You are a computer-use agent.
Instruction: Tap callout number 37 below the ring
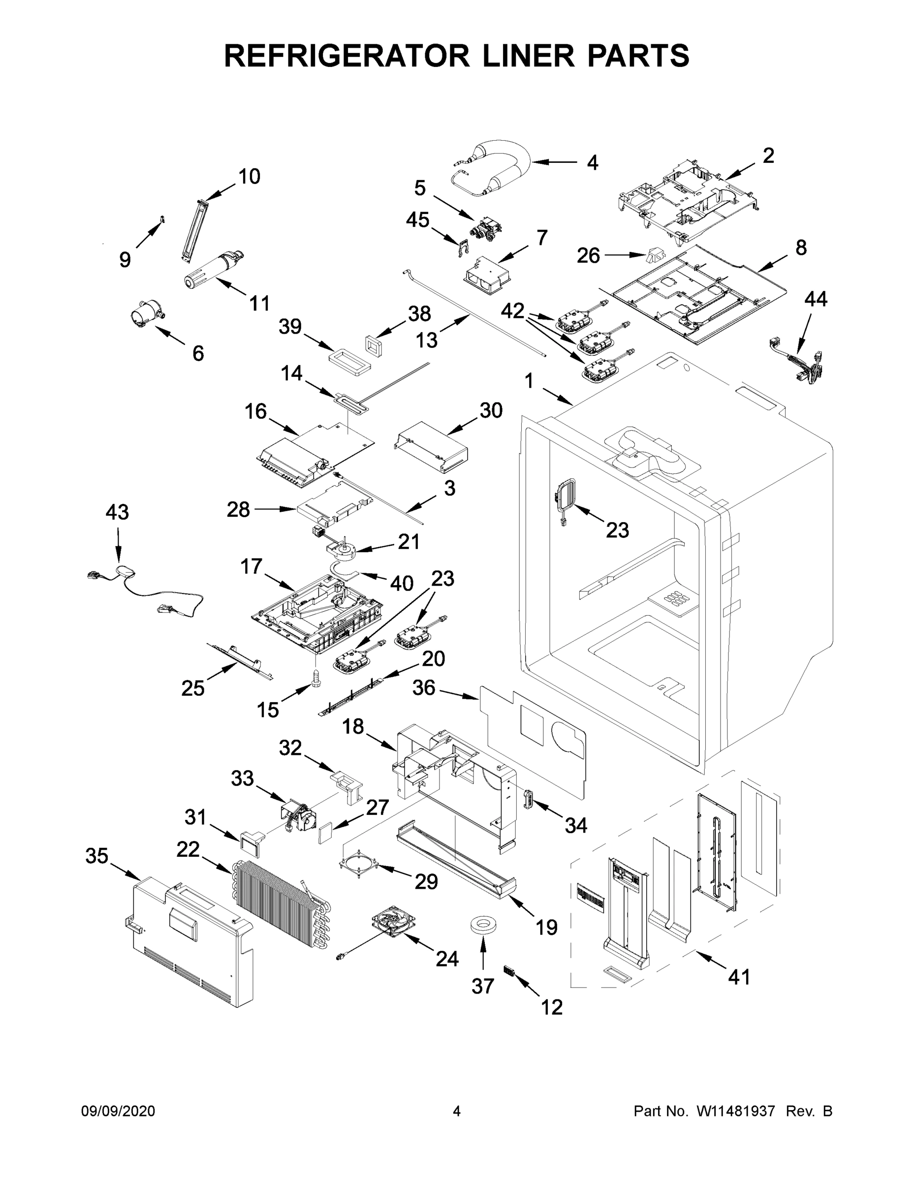point(482,986)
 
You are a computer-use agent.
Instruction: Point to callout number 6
point(198,354)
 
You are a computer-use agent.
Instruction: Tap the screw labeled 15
point(315,678)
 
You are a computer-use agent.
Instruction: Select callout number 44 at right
point(816,299)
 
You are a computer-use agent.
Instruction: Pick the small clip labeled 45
point(461,248)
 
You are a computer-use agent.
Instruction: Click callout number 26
point(588,255)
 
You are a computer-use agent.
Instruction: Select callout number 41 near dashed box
point(739,977)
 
